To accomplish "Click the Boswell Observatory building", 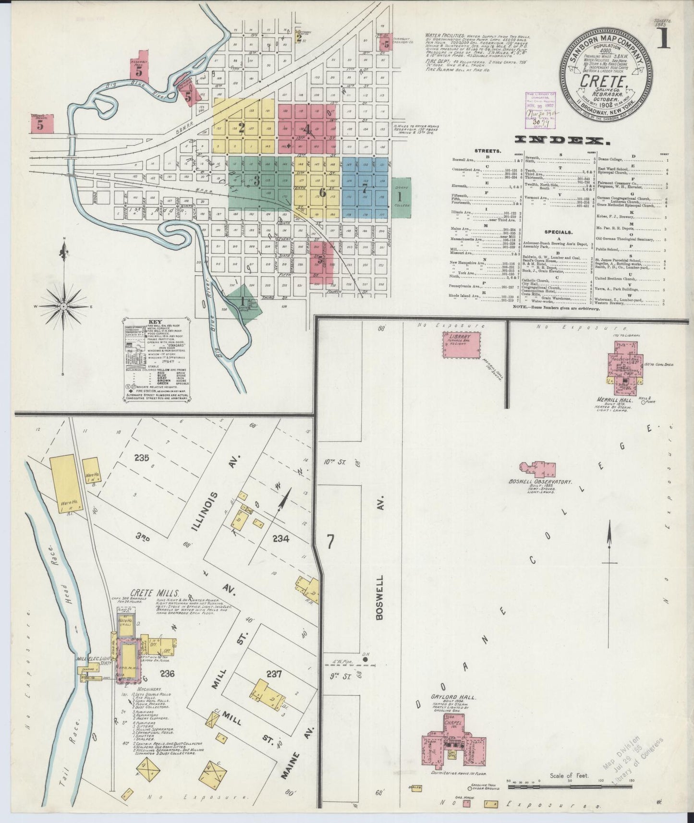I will click(537, 469).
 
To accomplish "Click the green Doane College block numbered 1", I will click(399, 197).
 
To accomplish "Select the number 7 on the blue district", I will click(365, 187).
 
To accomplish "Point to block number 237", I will click(274, 674).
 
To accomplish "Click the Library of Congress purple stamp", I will click(541, 110).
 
